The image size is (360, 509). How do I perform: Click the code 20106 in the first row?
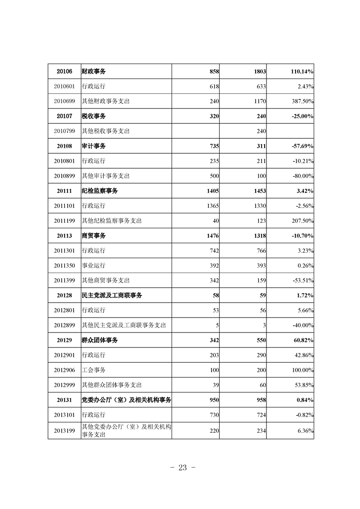pyautogui.click(x=64, y=72)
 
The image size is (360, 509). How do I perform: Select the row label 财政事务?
pyautogui.click(x=94, y=72)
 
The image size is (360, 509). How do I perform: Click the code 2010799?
pyautogui.click(x=64, y=131)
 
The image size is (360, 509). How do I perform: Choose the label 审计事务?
pyautogui.click(x=94, y=146)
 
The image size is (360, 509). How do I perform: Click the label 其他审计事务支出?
pyautogui.click(x=105, y=176)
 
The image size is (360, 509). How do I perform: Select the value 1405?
pyautogui.click(x=212, y=191)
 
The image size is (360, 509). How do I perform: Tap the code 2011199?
pyautogui.click(x=64, y=221)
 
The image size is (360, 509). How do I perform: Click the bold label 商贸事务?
pyautogui.click(x=94, y=236)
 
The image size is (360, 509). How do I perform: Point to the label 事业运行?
pyautogui.click(x=94, y=265)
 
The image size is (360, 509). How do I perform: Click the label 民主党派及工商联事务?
pyautogui.click(x=112, y=295)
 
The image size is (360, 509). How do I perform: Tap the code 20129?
pyautogui.click(x=64, y=340)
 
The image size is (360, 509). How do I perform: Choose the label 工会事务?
pyautogui.click(x=94, y=370)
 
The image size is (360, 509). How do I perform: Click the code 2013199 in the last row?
pyautogui.click(x=64, y=431)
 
